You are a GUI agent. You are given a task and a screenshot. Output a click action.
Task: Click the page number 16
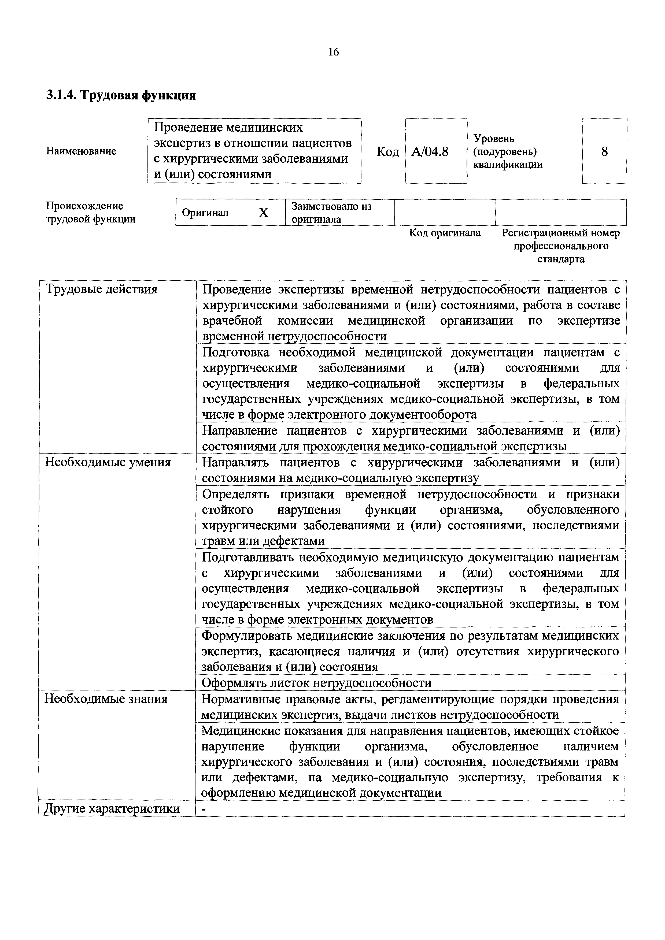pyautogui.click(x=333, y=52)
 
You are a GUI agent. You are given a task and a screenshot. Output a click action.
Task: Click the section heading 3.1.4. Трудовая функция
pyautogui.click(x=121, y=95)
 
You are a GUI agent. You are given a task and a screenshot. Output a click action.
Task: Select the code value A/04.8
pyautogui.click(x=430, y=152)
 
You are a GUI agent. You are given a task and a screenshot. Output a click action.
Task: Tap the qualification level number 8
pyautogui.click(x=604, y=152)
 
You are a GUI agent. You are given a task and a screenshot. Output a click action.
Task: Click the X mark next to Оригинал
pyautogui.click(x=263, y=213)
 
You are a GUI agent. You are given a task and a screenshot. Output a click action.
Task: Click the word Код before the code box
pyautogui.click(x=387, y=152)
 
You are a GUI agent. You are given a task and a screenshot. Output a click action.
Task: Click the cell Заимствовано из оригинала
pyautogui.click(x=332, y=213)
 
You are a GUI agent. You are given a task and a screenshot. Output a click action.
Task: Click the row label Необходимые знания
pyautogui.click(x=106, y=699)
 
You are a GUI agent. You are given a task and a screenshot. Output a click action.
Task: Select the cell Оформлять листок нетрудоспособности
pyautogui.click(x=317, y=683)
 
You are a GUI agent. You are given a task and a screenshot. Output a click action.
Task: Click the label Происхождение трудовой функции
pyautogui.click(x=90, y=212)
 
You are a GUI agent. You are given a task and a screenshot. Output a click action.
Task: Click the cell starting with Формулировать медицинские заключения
pyautogui.click(x=410, y=651)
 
